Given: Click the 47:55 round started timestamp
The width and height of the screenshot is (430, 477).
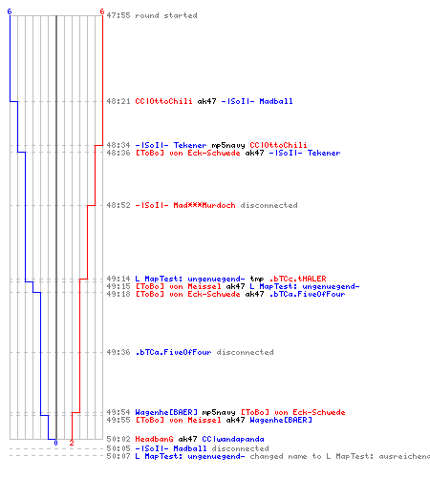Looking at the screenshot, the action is tap(118, 15).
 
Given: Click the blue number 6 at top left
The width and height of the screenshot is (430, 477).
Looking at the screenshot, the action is tap(10, 11).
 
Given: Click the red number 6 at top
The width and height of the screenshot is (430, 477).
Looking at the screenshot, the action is tap(102, 11).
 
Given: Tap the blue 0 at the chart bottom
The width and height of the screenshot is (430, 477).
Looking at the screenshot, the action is tap(55, 443).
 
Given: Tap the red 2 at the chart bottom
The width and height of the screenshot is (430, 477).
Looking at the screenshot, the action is tap(72, 443).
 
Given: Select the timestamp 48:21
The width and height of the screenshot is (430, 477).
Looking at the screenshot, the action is tap(118, 101).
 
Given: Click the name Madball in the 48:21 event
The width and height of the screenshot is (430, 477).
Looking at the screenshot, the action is tap(276, 101).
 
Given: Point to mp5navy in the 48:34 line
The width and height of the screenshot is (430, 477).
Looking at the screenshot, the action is tap(228, 145).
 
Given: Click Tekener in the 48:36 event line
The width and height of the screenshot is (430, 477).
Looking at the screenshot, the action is tap(324, 153).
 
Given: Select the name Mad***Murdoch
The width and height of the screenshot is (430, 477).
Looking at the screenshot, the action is tap(204, 205).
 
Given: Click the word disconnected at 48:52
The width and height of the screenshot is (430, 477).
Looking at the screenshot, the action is tap(269, 205).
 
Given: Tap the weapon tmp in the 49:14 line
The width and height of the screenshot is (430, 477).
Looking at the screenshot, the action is tap(257, 279).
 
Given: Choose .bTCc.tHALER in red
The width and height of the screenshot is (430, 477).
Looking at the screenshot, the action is tap(297, 279).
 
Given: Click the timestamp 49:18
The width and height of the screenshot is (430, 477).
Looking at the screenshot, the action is tap(118, 294).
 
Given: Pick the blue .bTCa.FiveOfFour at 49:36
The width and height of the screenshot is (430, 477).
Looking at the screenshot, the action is tap(173, 352).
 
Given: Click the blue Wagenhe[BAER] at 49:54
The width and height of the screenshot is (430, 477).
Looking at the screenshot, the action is tap(166, 412).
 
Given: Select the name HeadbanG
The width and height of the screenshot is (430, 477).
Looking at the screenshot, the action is tap(154, 439).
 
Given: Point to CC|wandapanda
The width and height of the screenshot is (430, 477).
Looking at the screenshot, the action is tap(233, 439).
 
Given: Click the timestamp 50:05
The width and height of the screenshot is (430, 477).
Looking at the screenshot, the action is tap(118, 448).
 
